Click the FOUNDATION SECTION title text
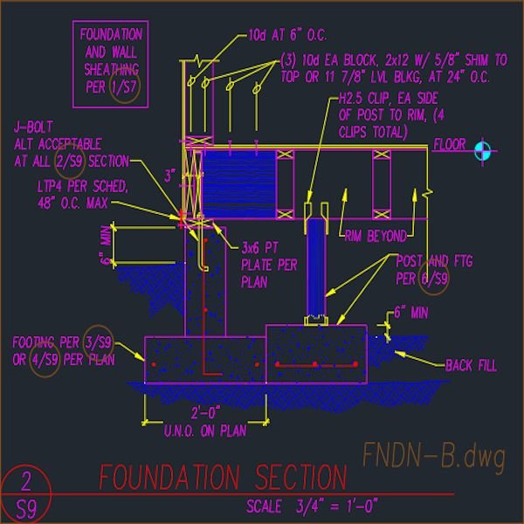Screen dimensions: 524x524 tap(223, 478)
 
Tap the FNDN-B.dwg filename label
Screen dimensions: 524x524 tap(434, 455)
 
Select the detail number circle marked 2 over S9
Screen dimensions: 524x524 tap(26, 493)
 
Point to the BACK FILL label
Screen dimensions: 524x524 tap(471, 366)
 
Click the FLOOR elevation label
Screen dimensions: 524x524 tap(450, 144)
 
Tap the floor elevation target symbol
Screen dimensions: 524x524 tap(482, 151)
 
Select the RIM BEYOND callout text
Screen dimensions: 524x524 tap(376, 236)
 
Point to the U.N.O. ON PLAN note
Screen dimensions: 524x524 tap(204, 429)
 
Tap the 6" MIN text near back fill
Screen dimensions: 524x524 tap(411, 312)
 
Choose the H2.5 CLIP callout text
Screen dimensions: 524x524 tap(389, 116)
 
